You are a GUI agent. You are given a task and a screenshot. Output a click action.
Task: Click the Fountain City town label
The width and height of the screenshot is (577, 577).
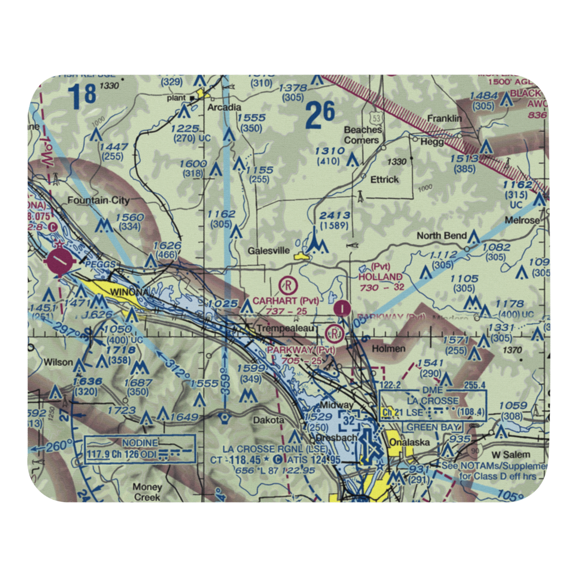(99, 201)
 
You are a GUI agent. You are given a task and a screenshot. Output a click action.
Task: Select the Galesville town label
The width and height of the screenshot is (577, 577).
(267, 251)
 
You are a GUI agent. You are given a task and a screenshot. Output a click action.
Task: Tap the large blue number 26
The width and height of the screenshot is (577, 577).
(320, 115)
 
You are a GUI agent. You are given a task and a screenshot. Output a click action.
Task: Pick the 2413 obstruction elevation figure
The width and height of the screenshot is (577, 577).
(335, 216)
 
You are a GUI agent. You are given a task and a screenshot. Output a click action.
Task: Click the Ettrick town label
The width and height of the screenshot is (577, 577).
(384, 179)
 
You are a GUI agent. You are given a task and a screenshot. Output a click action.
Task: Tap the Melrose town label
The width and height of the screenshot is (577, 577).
(522, 220)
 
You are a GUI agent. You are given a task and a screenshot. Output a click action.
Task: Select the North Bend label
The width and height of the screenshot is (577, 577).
(442, 235)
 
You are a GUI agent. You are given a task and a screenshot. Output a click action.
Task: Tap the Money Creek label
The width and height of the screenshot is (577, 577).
(148, 492)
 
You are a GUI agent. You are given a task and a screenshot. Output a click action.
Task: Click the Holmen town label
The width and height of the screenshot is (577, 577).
(388, 349)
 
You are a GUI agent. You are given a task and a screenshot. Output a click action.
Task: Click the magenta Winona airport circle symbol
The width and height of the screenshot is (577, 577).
(60, 263)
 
